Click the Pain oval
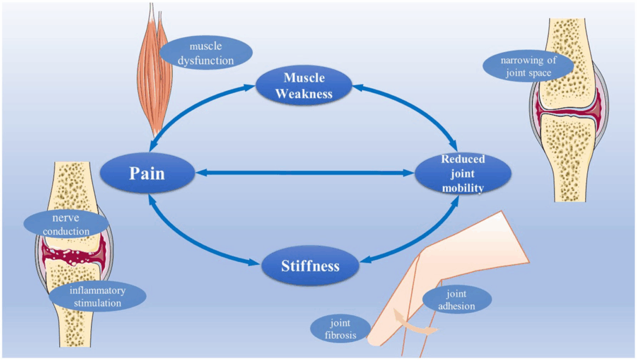147,173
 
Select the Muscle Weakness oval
304,86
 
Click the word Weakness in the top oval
305,93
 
